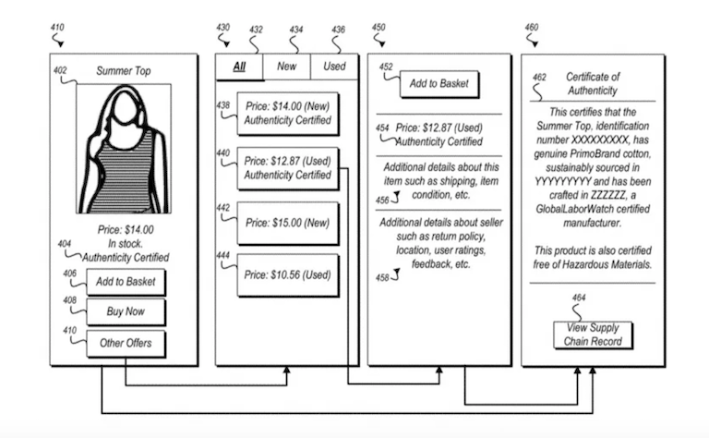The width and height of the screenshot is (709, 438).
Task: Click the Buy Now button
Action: click(x=126, y=312)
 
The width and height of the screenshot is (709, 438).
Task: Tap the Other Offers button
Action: click(x=126, y=345)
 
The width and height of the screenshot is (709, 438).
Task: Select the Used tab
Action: click(x=334, y=67)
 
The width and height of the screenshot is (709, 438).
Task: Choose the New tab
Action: click(x=287, y=67)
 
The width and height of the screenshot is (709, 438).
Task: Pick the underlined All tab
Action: click(x=239, y=67)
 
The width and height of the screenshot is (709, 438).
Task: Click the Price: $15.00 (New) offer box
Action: click(x=287, y=224)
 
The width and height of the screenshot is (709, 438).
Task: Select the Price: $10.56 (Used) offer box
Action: click(x=287, y=274)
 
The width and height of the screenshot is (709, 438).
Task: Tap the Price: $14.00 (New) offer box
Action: click(x=287, y=114)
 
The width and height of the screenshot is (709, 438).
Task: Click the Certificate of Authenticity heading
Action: click(x=592, y=83)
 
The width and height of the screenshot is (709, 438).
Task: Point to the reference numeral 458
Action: click(x=381, y=276)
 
